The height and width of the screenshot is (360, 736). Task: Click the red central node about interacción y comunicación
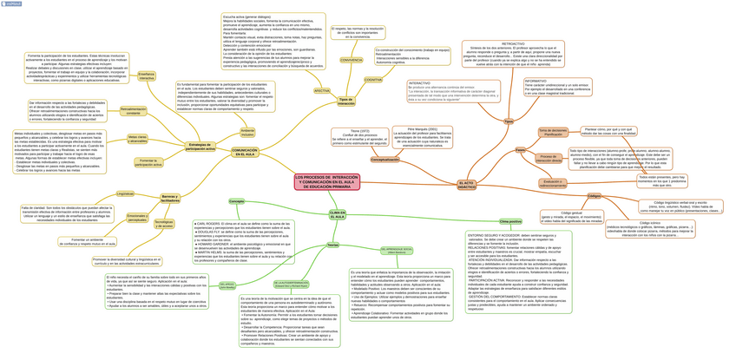[326, 181]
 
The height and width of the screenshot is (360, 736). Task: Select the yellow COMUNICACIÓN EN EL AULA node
[245, 152]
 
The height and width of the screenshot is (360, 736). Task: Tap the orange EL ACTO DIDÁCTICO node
[467, 185]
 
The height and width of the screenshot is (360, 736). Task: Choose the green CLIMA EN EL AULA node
[337, 213]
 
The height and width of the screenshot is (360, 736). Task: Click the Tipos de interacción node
[346, 101]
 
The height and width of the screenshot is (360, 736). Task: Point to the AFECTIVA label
[322, 90]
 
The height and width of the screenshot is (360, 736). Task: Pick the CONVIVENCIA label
[352, 60]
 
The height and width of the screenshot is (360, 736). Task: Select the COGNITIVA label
[373, 79]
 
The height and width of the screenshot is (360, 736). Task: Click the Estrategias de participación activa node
[200, 147]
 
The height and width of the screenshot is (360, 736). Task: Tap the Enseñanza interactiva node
[147, 76]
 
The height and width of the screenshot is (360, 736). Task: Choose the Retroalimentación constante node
[133, 111]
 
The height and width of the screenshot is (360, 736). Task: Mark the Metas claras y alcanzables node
[137, 138]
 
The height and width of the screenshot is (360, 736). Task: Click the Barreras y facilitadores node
[170, 199]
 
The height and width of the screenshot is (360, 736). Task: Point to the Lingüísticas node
[125, 193]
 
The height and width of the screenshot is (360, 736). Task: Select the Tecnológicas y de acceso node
[164, 224]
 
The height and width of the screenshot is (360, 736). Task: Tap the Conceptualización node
[385, 160]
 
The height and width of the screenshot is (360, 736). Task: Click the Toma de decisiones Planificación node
[553, 132]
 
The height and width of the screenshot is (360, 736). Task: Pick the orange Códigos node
[595, 196]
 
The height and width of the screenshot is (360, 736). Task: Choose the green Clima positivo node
[510, 221]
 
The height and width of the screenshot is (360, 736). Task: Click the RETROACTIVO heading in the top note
[513, 43]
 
